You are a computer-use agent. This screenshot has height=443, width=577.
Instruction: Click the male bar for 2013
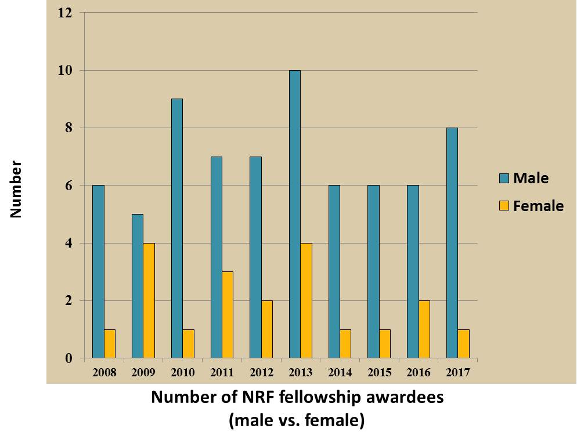294,214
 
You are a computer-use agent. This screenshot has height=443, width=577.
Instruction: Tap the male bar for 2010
176,228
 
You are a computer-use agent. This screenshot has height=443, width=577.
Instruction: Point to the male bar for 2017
452,243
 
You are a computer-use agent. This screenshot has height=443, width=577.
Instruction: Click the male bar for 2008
98,272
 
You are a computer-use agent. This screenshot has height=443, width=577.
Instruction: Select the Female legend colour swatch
503,205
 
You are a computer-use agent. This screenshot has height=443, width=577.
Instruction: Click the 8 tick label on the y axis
68,128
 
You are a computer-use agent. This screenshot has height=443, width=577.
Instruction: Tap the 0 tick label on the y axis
68,358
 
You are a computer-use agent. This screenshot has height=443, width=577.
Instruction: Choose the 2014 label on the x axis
340,372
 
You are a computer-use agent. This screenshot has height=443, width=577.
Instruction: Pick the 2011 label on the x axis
222,372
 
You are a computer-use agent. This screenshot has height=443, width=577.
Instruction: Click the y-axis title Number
16,190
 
